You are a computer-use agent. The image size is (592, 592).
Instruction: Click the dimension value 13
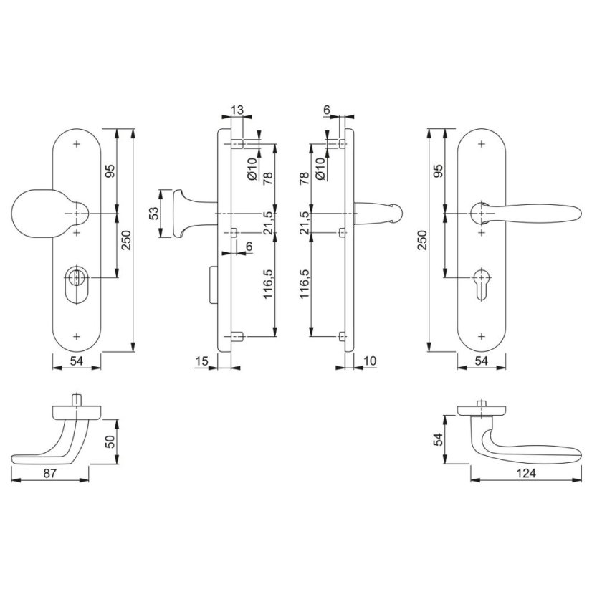click(x=237, y=110)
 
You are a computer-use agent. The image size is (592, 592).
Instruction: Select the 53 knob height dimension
click(x=153, y=214)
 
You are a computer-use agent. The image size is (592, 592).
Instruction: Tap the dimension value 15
click(x=201, y=361)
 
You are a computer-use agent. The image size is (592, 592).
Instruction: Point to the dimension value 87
click(x=50, y=473)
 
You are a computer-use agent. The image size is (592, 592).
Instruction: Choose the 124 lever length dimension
click(x=526, y=473)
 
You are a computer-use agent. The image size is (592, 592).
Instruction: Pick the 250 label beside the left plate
click(x=125, y=240)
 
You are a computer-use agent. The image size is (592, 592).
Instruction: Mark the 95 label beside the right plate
click(x=438, y=171)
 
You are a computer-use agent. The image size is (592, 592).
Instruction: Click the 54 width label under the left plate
click(x=76, y=361)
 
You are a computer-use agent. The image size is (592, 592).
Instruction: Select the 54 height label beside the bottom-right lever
click(x=438, y=439)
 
